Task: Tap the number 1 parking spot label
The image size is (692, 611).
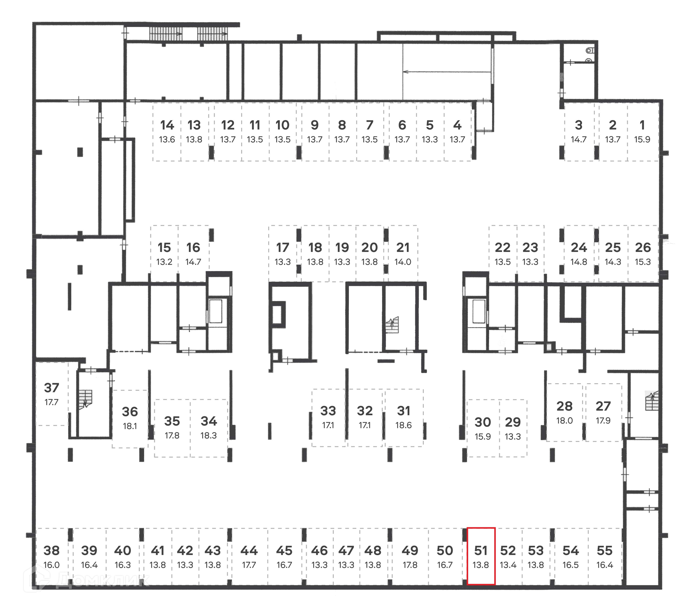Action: click(642, 125)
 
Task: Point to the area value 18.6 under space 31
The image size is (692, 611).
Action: click(403, 425)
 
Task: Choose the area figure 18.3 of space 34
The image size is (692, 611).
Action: click(209, 435)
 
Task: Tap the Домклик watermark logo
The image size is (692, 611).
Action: click(86, 579)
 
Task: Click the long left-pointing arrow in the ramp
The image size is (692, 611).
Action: click(447, 72)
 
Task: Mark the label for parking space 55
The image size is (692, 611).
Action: click(604, 551)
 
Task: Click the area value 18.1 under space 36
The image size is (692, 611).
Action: click(130, 426)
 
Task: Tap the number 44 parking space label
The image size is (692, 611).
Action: click(249, 551)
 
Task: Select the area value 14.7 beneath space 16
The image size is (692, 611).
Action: click(193, 262)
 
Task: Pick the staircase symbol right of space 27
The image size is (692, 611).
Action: click(652, 401)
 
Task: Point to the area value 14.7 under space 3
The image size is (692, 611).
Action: click(578, 140)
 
